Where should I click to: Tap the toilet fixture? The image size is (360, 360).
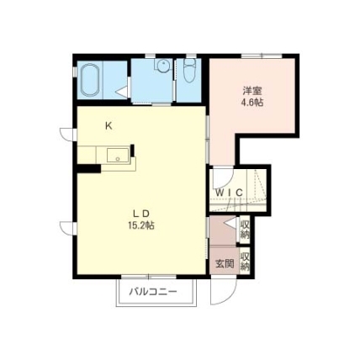(190, 71)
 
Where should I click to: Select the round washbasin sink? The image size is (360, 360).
(162, 66)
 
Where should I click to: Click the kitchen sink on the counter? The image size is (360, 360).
(118, 156)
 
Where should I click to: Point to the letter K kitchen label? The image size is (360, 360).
(109, 126)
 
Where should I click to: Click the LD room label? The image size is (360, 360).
(141, 214)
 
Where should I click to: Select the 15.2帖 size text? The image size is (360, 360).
(141, 225)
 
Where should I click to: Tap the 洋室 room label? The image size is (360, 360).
(252, 91)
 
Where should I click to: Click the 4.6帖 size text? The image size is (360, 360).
(252, 103)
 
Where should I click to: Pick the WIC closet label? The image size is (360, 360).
(230, 193)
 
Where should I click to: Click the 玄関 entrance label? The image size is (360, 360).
(225, 263)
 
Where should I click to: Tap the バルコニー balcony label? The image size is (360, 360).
(153, 293)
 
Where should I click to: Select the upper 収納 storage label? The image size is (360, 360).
(245, 230)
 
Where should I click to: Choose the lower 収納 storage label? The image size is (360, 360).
(245, 262)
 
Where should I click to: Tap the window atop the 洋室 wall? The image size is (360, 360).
(262, 56)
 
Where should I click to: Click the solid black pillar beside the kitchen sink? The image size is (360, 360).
(132, 150)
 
